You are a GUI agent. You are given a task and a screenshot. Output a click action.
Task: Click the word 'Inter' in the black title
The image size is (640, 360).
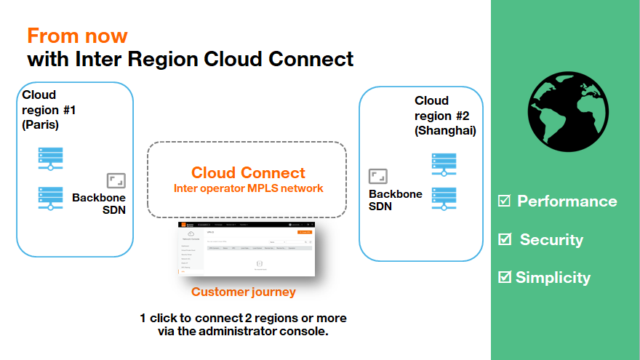coord(98,58)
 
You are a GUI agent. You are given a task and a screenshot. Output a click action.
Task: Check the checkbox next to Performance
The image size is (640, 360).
coord(504,201)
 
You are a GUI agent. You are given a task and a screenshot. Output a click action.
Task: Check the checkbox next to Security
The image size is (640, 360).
coord(504,239)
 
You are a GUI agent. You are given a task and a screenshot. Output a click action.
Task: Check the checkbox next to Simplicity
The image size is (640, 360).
coord(504,276)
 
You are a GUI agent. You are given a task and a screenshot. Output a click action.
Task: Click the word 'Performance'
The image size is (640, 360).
coord(567,201)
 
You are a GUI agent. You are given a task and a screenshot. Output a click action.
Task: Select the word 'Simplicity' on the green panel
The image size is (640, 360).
coord(553,277)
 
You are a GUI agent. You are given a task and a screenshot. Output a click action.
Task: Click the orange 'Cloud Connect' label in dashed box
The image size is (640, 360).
coord(248,173)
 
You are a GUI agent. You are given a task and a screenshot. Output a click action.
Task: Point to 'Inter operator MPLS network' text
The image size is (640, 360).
coord(248,188)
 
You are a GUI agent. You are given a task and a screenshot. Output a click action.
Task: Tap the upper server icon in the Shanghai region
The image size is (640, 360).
coord(443,164)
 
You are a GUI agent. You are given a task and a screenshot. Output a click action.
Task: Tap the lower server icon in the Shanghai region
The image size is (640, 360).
coord(443,198)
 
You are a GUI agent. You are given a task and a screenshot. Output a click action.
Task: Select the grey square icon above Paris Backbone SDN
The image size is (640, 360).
coord(116,181)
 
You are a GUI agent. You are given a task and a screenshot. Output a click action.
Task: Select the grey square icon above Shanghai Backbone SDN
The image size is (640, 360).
coord(378,176)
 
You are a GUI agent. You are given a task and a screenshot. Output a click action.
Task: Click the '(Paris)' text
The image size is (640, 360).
coord(41,124)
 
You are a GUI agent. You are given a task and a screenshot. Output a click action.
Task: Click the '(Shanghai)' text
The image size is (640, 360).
coord(445,130)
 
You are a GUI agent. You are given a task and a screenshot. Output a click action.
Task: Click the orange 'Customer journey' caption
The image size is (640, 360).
coord(244,292)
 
